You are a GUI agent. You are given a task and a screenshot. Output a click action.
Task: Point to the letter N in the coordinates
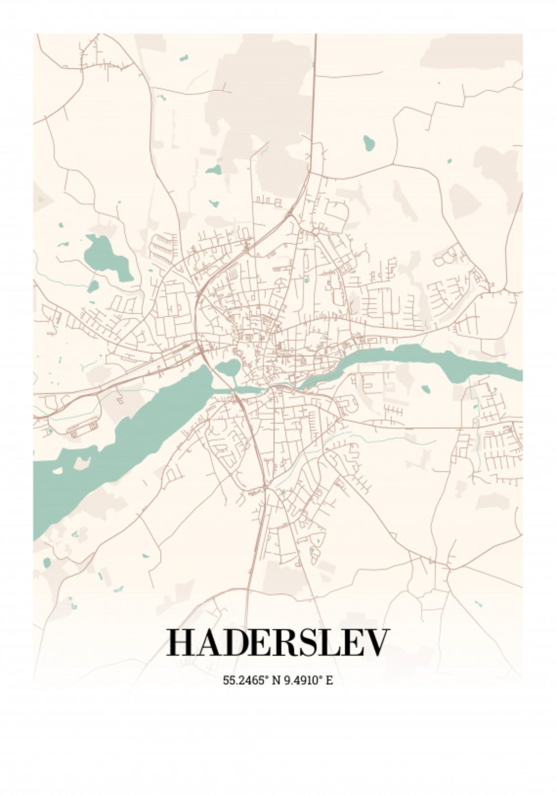click(275, 680)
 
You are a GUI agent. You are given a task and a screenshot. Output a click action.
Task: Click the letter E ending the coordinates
click(329, 680)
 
